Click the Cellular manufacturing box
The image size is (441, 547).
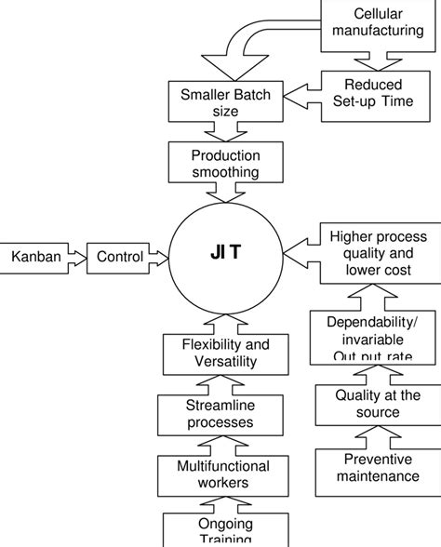(x=378, y=23)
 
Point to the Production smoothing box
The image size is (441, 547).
(x=225, y=164)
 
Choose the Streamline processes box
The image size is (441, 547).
(x=218, y=415)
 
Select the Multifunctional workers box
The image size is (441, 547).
(x=218, y=474)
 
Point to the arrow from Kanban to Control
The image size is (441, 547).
(x=76, y=255)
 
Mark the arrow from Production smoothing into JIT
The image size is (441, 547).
(x=225, y=193)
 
